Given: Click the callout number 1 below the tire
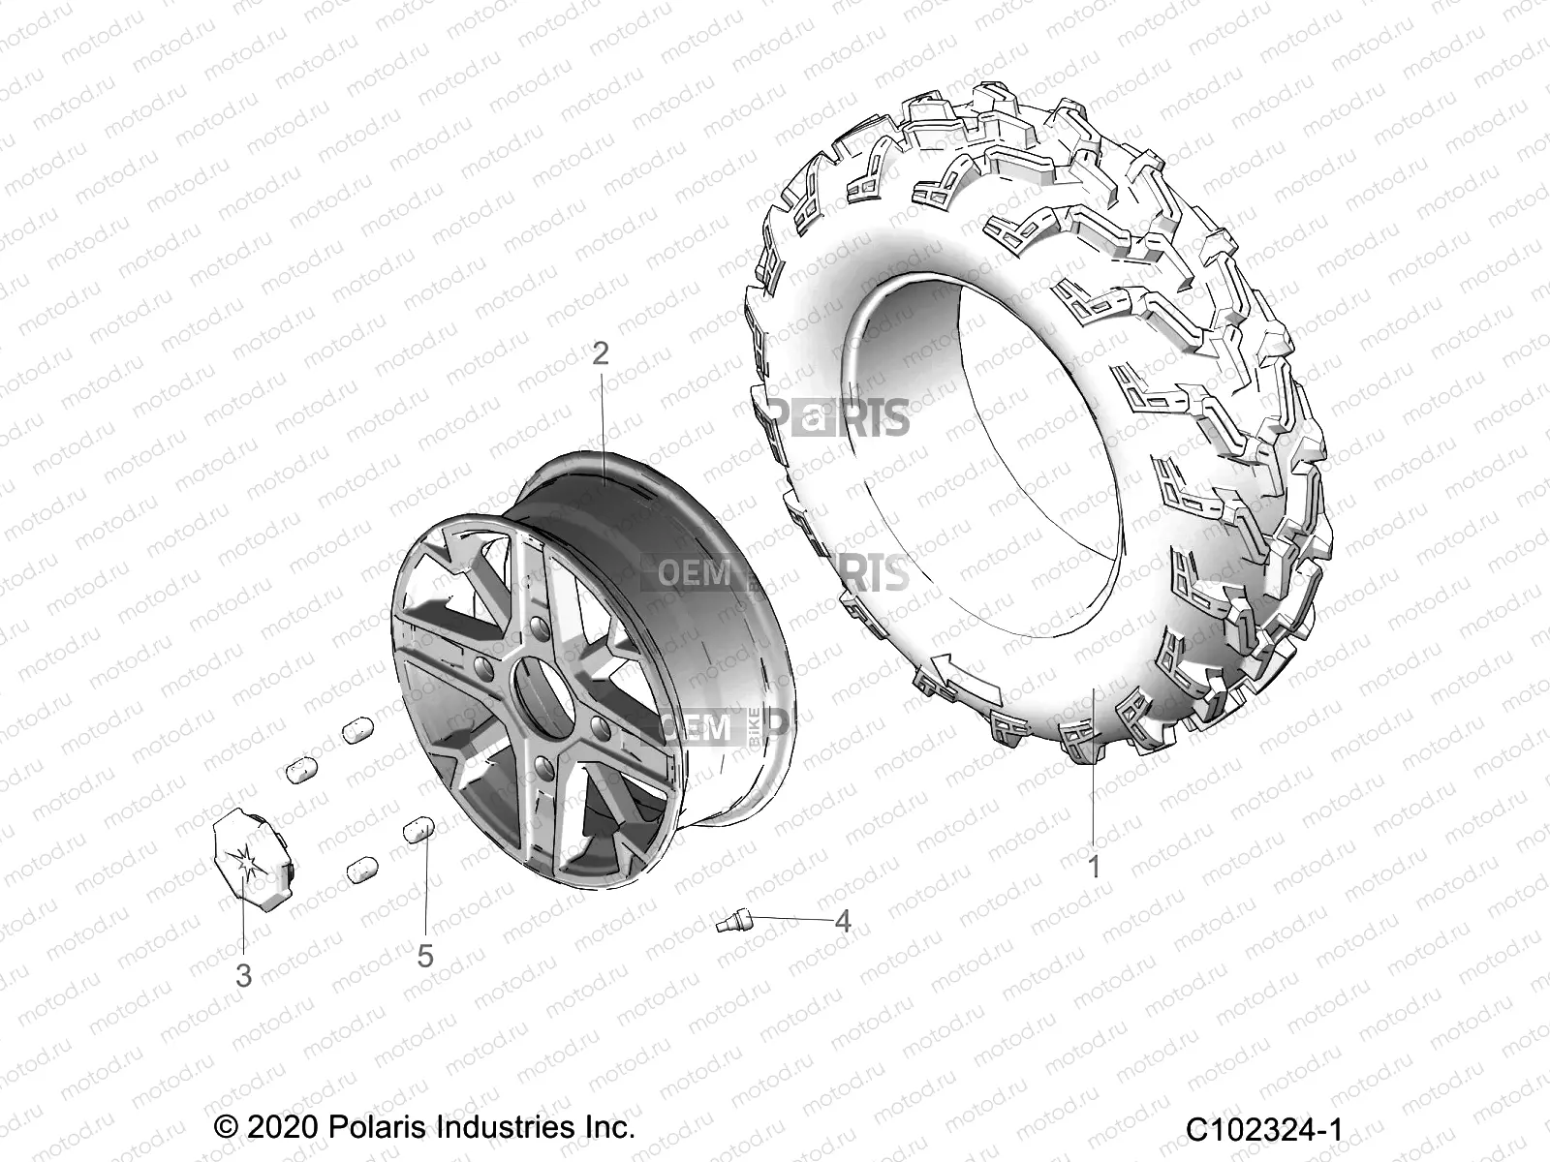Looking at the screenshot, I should (x=1094, y=867).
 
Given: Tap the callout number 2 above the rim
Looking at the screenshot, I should (x=601, y=353).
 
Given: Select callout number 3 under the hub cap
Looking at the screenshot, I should (x=244, y=976).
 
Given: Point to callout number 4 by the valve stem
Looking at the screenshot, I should (x=843, y=921).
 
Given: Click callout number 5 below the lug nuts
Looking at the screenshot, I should (x=425, y=956).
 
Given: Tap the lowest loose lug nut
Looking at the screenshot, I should (x=361, y=869).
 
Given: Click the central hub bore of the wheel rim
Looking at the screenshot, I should (x=533, y=692).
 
